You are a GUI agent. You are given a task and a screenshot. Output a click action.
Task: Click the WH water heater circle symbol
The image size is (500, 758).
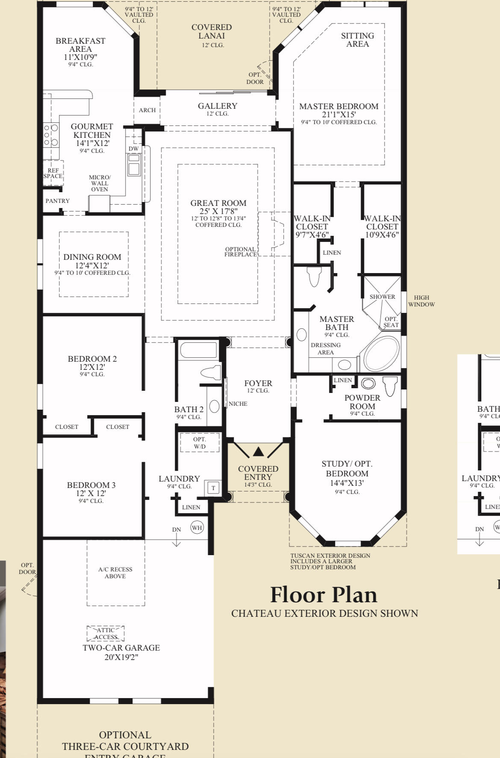click(197, 527)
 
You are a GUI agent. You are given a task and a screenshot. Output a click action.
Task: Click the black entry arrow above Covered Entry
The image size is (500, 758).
click(258, 452)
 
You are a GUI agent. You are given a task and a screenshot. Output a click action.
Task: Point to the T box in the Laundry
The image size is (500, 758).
click(213, 487)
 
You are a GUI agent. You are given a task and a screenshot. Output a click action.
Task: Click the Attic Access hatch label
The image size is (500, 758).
click(106, 633)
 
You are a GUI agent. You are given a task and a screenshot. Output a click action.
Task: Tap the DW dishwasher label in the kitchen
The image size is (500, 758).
click(134, 149)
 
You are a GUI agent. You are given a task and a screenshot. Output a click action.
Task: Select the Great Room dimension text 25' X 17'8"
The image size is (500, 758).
click(218, 211)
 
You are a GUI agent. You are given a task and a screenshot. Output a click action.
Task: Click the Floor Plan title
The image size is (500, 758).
click(324, 595)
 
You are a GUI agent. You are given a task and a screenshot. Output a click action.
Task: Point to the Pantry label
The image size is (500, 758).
click(58, 201)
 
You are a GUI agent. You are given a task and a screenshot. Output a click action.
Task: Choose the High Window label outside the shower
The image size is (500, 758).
click(421, 301)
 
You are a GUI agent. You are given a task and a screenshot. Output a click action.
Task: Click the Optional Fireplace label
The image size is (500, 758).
click(241, 252)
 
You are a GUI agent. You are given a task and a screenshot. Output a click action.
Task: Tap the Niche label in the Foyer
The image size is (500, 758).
click(238, 404)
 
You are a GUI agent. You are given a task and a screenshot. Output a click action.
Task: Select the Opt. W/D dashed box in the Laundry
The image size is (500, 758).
click(200, 443)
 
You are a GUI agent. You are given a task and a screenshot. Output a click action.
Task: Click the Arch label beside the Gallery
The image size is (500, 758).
click(147, 110)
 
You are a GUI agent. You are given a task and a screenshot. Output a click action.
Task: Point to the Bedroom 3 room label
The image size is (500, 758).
click(91, 485)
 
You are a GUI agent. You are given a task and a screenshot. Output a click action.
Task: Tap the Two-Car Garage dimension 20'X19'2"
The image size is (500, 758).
click(121, 657)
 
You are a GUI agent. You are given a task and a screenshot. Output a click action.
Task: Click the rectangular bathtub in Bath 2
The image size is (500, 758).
click(199, 350)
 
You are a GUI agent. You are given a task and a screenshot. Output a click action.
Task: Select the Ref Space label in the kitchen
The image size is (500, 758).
click(53, 173)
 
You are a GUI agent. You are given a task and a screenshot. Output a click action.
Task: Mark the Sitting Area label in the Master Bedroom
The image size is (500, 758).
click(358, 40)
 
